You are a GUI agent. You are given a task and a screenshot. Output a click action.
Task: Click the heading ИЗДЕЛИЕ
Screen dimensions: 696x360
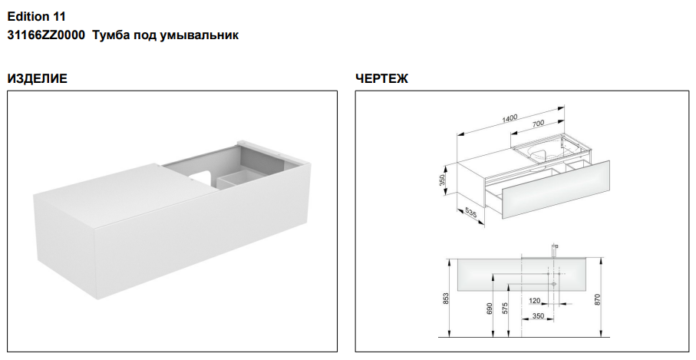[38, 78]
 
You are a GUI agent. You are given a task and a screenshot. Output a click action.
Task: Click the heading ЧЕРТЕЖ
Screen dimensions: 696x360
[381, 78]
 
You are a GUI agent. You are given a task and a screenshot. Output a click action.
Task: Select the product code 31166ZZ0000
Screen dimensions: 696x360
[46, 35]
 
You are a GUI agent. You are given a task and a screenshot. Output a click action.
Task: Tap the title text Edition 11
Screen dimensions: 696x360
[36, 17]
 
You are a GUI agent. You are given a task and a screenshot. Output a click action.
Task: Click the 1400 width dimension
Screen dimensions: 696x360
[510, 118]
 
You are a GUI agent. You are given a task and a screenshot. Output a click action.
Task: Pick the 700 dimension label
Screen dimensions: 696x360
[538, 124]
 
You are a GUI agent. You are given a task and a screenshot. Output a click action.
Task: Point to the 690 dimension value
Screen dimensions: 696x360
[490, 309]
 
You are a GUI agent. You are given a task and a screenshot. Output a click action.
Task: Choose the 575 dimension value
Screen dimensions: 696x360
[505, 309]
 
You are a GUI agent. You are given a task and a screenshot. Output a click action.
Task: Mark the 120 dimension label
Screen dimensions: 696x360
[535, 301]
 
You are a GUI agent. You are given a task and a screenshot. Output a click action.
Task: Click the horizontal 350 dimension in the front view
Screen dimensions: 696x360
[538, 316]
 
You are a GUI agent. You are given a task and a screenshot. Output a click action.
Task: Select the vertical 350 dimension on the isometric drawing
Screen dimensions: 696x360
[442, 180]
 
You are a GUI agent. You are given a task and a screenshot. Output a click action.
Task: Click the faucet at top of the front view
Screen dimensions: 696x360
[553, 249]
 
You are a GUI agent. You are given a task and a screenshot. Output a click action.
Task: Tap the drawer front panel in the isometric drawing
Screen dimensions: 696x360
[556, 190]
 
